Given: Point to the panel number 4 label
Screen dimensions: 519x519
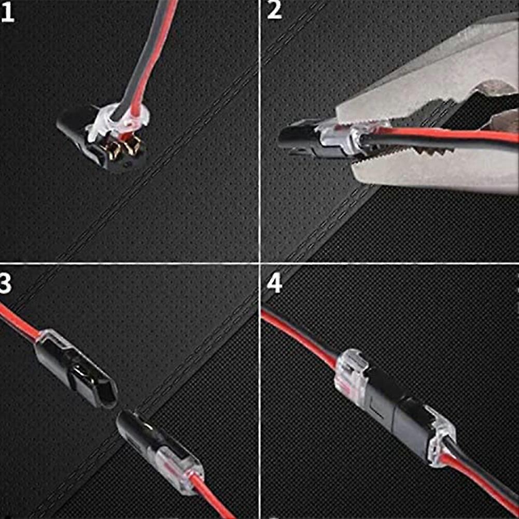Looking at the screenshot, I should [275, 284].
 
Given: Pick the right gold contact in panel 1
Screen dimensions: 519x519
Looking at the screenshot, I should [132, 146].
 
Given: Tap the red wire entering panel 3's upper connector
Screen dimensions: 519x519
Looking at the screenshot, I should [18, 321].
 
